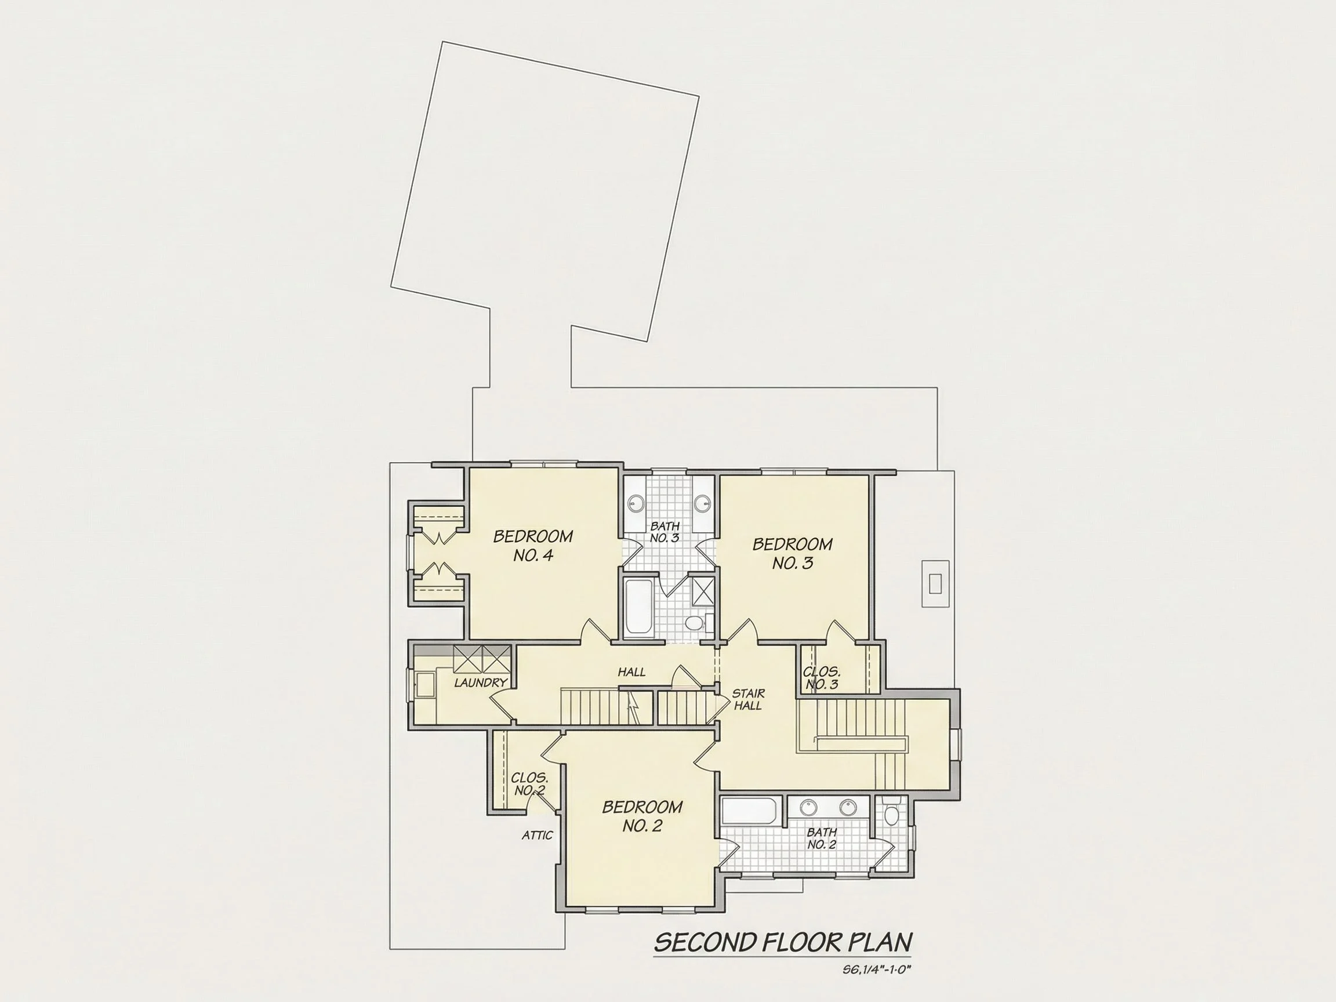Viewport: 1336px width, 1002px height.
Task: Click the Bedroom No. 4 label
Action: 533,546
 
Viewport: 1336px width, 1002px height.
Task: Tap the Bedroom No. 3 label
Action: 793,553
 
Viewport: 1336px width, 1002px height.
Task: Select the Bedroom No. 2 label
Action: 642,816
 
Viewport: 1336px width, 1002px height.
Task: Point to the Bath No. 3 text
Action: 665,532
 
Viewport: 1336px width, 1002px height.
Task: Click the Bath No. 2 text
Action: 822,838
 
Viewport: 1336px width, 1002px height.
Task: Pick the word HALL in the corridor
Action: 632,671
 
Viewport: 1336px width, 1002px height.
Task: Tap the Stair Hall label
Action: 749,699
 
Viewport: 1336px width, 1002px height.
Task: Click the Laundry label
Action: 481,682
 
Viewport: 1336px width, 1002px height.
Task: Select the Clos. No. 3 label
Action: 822,678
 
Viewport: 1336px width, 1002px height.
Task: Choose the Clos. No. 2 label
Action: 529,784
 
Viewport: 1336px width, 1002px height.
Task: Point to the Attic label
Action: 537,836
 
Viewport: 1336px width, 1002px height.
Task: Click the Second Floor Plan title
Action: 783,942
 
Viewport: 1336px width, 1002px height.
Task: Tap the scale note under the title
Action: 876,970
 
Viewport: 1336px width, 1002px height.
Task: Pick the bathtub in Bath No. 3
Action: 638,608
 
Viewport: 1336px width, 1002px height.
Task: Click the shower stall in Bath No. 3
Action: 702,591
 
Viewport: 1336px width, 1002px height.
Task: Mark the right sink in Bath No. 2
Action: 848,807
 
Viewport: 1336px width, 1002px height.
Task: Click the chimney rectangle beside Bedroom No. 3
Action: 935,583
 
